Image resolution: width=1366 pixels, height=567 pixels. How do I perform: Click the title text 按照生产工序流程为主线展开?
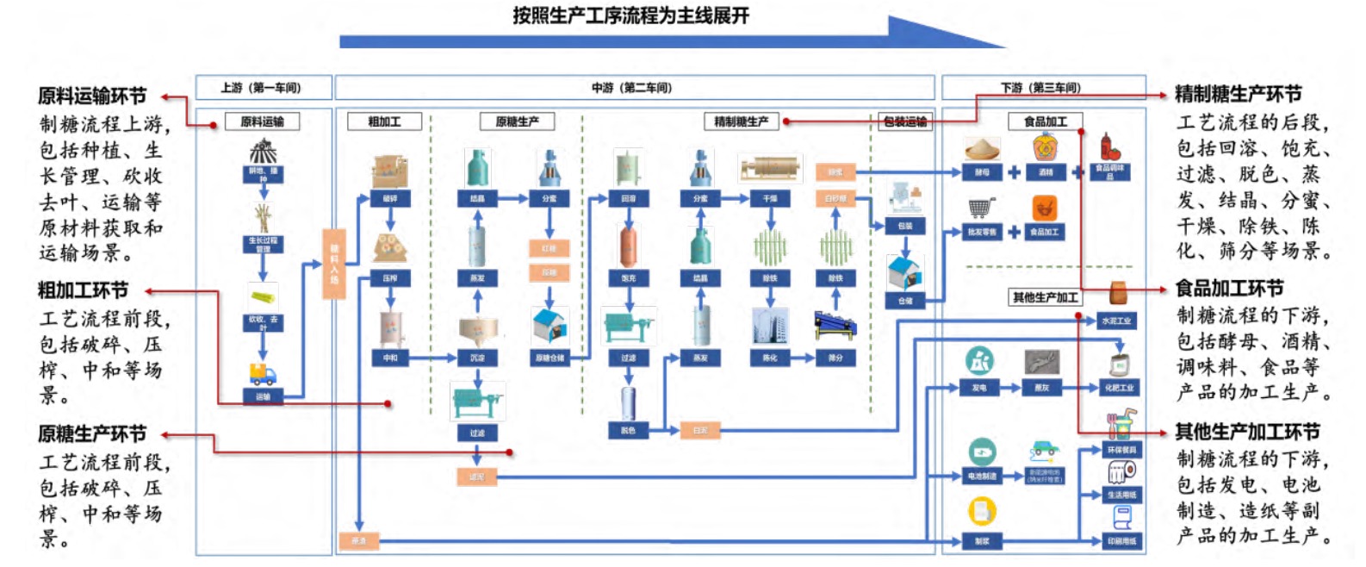[630, 16]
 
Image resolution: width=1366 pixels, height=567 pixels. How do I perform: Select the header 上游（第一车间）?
[261, 88]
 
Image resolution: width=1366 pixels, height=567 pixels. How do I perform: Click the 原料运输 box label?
[262, 121]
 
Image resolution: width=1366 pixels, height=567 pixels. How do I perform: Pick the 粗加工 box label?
[384, 121]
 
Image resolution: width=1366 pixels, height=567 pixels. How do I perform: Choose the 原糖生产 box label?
[517, 121]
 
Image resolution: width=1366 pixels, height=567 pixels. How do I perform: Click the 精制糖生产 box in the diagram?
[741, 121]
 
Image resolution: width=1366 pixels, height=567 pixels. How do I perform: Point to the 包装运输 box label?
[905, 121]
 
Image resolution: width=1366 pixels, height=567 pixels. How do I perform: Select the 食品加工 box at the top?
[1045, 121]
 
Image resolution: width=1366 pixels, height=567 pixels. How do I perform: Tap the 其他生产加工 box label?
[1045, 297]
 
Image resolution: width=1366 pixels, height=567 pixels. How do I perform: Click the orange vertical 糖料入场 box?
[333, 264]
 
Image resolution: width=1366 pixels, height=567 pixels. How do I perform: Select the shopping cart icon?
[981, 209]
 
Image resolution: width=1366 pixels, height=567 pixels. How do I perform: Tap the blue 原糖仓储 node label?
[549, 358]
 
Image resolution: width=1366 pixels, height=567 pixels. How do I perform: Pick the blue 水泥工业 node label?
[1117, 321]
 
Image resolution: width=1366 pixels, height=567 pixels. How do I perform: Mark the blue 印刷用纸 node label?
[1121, 541]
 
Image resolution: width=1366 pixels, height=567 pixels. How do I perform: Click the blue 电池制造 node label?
[982, 476]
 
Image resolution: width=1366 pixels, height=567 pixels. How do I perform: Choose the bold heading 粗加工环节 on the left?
[83, 290]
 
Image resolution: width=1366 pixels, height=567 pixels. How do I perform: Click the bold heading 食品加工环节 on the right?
[1229, 289]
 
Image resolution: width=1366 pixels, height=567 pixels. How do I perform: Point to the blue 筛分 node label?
[835, 358]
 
